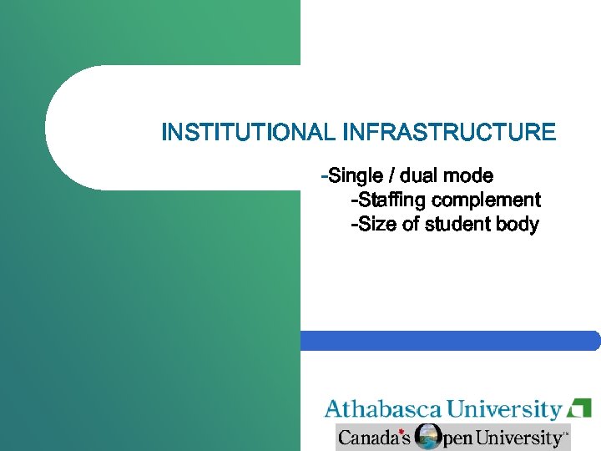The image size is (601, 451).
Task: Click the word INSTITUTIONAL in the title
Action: coord(248,132)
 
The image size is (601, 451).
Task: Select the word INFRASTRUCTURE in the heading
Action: coord(449,132)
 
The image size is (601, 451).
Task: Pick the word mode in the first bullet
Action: coord(468,176)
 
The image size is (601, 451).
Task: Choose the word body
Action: coord(518,225)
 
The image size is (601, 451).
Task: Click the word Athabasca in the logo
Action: coord(383,409)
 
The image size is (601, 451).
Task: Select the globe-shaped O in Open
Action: coord(428,437)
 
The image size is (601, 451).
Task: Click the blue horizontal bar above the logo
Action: coord(451,341)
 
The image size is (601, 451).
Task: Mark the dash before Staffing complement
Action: coord(355,200)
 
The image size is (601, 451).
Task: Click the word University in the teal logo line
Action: coord(504,409)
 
